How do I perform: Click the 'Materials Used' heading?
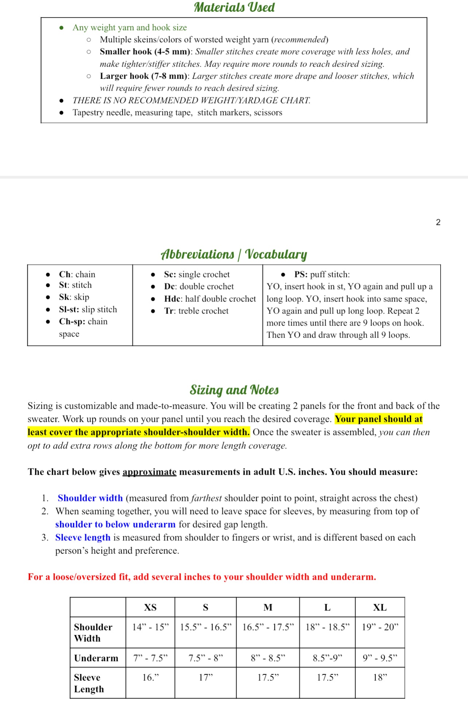coord(234,7)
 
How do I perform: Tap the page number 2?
coord(438,222)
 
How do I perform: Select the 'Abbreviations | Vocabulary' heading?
coord(234,254)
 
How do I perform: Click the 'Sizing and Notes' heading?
coord(234,390)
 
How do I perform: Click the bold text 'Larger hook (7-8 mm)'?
coord(144,76)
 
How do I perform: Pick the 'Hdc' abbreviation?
coord(172,299)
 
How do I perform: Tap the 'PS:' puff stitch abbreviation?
coord(301,275)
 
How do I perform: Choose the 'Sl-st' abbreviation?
coord(69,310)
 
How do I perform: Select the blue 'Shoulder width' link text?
coord(90,498)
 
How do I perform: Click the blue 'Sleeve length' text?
coord(83,537)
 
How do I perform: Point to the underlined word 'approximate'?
coord(149,472)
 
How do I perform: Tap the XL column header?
coord(380,607)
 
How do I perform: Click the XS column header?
coord(150,607)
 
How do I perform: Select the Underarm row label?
coord(96,658)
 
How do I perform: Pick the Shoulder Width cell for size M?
coord(268,627)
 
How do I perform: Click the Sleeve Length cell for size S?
coord(206,677)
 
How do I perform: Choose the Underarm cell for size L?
coord(327,658)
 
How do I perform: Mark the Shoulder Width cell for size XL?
coord(380,627)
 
